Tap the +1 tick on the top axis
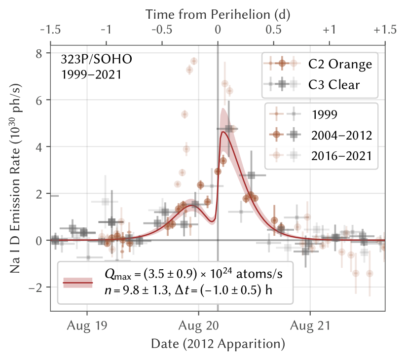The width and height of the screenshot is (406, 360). click(329, 30)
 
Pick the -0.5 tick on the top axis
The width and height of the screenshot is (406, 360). click(162, 30)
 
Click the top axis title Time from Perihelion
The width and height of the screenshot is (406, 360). click(218, 15)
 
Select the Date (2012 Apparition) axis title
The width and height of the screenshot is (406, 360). click(218, 343)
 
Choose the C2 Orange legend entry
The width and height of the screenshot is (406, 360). click(340, 64)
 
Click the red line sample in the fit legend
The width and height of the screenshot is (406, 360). click(78, 282)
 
